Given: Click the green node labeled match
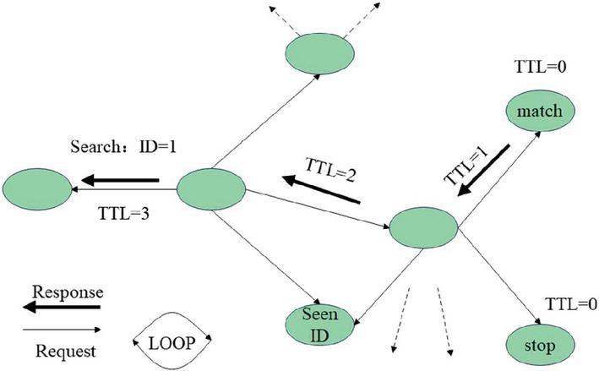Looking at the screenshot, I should pyautogui.click(x=540, y=111).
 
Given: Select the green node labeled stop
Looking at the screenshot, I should pyautogui.click(x=540, y=345).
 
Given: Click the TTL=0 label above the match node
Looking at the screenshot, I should pyautogui.click(x=535, y=66).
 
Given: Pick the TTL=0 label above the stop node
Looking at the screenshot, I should pyautogui.click(x=566, y=303).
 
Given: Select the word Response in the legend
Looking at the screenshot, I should pyautogui.click(x=67, y=292).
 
